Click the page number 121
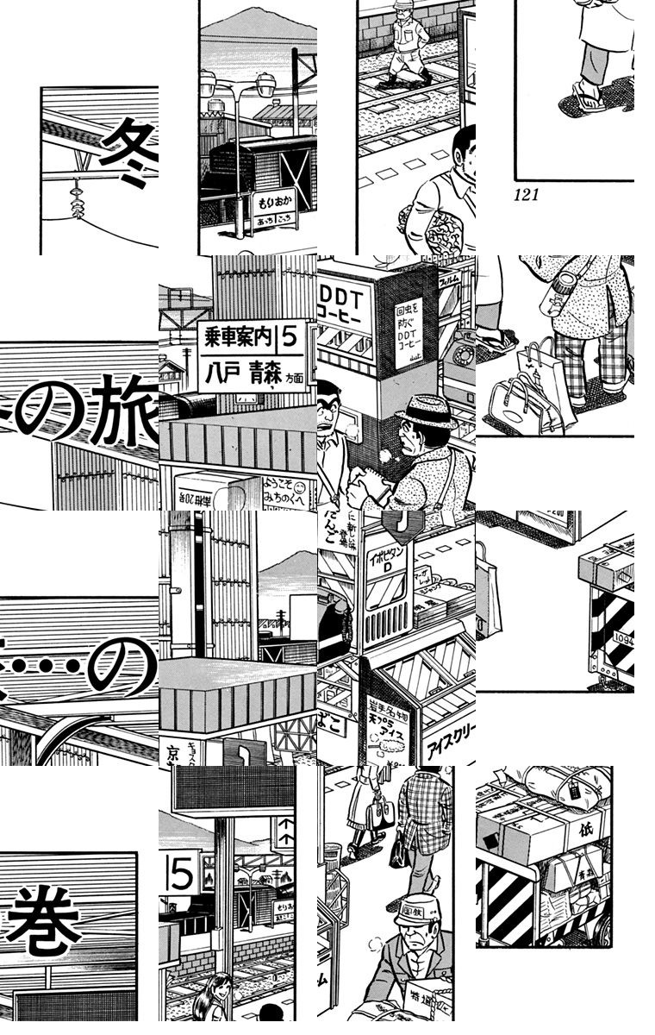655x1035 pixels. pyautogui.click(x=526, y=195)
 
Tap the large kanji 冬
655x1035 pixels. pyautogui.click(x=129, y=147)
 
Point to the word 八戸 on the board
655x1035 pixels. pyautogui.click(x=222, y=375)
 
